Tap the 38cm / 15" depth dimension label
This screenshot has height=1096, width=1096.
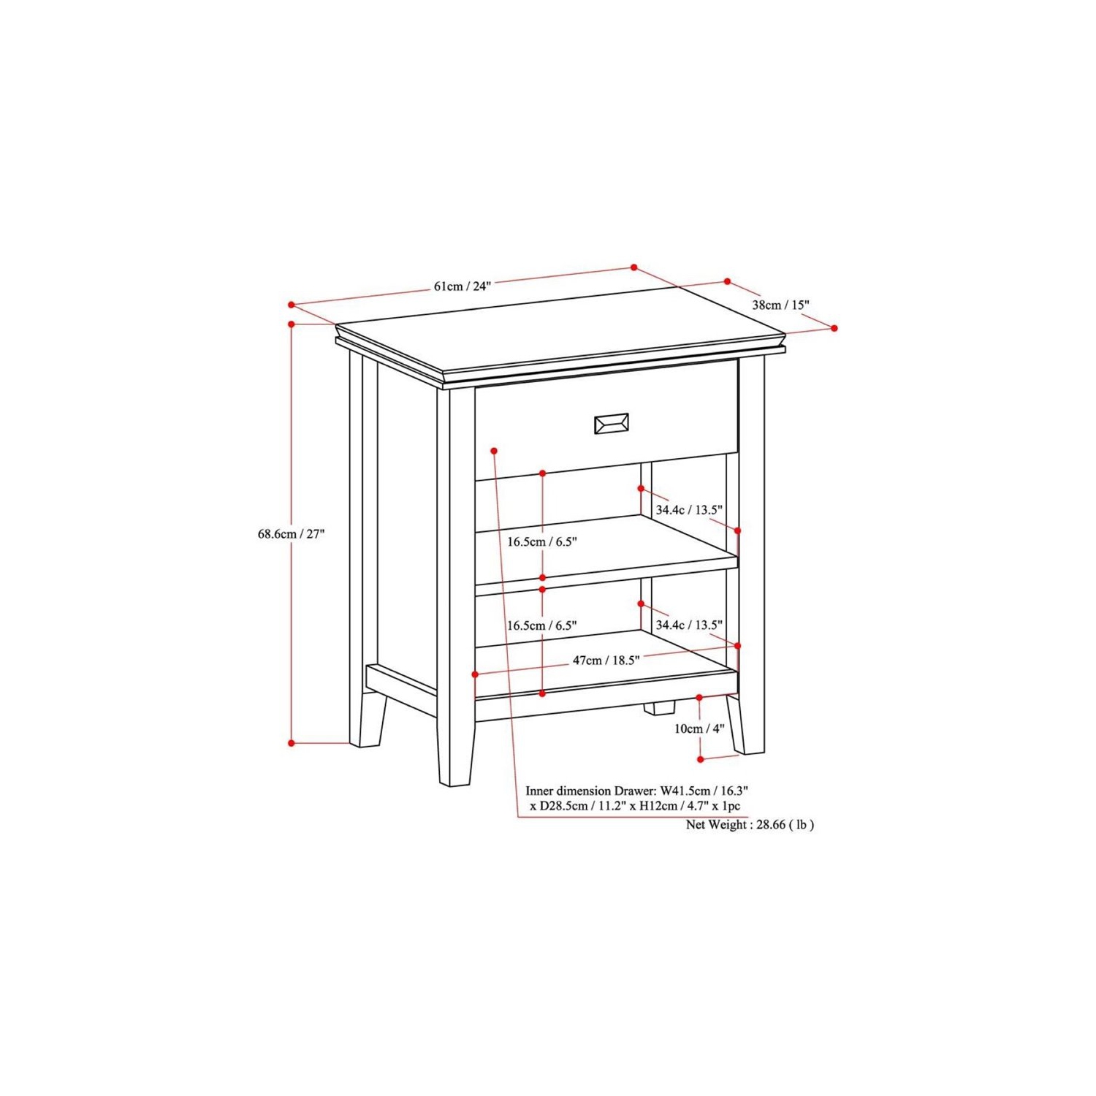pos(780,305)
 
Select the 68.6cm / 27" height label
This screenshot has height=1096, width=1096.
pos(290,534)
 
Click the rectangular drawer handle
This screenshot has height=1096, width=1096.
pos(612,423)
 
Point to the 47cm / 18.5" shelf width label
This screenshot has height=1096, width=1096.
pos(606,661)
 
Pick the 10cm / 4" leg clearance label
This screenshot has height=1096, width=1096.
pos(699,728)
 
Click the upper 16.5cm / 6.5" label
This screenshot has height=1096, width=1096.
pos(542,541)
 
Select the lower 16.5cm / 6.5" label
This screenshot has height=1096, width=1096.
pos(542,625)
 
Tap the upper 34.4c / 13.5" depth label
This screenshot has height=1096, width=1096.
pos(689,510)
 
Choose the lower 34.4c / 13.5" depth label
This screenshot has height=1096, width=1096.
pos(689,625)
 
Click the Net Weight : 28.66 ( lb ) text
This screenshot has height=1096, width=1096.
pos(750,824)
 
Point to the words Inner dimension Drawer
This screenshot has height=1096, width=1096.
pos(590,791)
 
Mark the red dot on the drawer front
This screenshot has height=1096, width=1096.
pos(495,450)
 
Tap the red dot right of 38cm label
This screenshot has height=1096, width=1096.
pos(834,328)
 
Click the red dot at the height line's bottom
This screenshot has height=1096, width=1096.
pos(291,743)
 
